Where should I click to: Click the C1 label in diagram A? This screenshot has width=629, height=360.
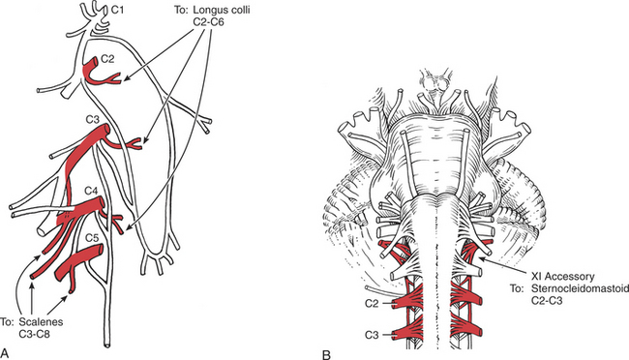tap(117, 10)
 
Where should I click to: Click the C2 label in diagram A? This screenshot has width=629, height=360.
tap(107, 59)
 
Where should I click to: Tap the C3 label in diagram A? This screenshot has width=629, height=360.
tap(92, 119)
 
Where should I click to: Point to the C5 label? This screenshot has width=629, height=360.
tap(92, 238)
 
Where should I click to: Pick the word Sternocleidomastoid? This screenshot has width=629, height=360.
tap(579, 288)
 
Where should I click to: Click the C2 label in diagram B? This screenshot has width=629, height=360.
tap(372, 304)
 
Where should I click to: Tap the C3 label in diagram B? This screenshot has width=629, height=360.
tap(372, 334)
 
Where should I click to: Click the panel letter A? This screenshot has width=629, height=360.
tap(5, 353)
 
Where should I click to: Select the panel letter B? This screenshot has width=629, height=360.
tap(326, 355)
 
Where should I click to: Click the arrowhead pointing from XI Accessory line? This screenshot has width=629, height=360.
tap(481, 259)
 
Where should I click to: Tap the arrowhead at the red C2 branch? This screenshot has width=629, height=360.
tap(125, 80)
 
